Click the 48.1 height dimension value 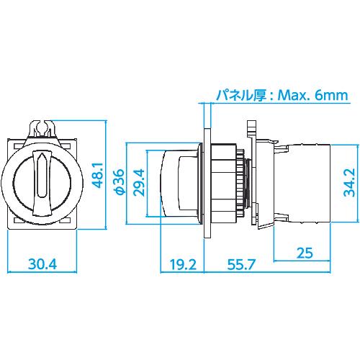click(98, 175)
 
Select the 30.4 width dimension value click(42, 264)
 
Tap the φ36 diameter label click(120, 181)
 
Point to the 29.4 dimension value click(139, 182)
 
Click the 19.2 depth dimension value click(183, 264)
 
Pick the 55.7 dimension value click(240, 264)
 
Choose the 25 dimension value click(305, 253)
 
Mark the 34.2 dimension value click(349, 182)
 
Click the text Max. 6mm click(312, 95)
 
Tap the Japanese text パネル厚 click(241, 95)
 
